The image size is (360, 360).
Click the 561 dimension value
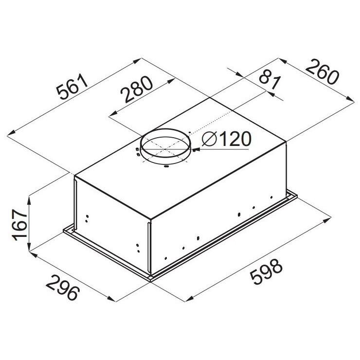(72, 86)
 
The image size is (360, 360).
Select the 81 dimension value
(270, 81)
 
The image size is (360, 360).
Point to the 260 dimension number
(322, 72)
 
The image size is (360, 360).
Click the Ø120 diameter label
(227, 139)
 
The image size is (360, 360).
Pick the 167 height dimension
(20, 225)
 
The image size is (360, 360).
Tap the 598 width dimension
(266, 271)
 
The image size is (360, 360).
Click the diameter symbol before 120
(209, 139)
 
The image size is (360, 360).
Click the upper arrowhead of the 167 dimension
(29, 199)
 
